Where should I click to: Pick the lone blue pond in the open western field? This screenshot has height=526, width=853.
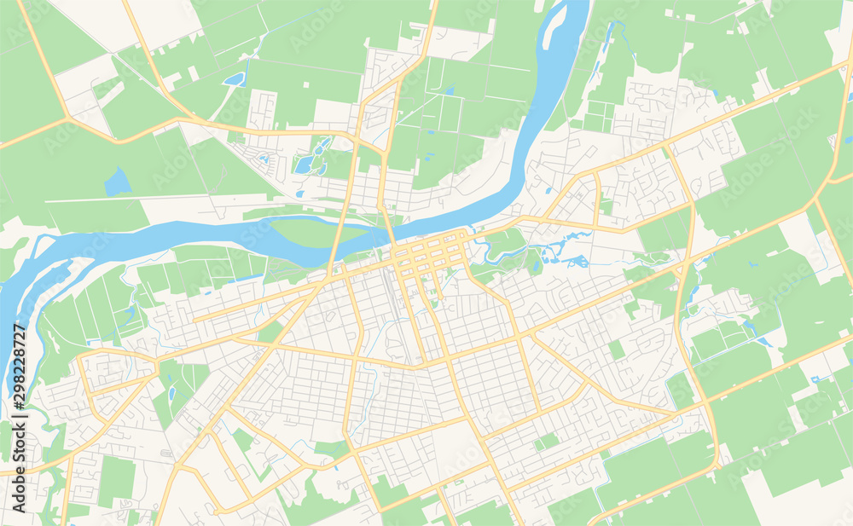pos(117,182)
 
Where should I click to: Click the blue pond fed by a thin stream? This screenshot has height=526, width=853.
pos(234,79)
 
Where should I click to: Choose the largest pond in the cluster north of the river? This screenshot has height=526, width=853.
pos(305,164)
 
